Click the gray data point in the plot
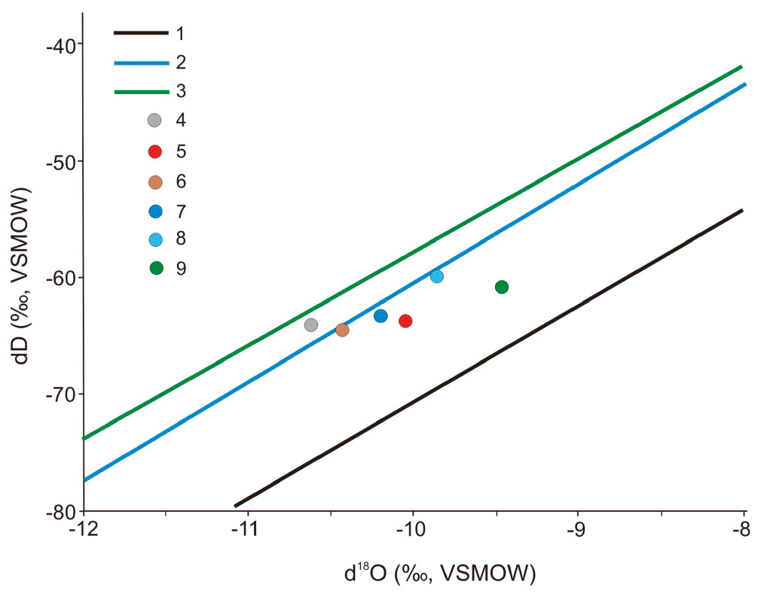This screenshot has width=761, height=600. pyautogui.click(x=311, y=325)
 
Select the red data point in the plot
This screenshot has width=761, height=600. pyautogui.click(x=405, y=321)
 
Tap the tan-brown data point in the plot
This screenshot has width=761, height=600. pyautogui.click(x=342, y=330)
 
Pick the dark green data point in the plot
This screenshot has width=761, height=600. pyautogui.click(x=502, y=287)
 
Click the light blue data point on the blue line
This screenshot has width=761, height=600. pyautogui.click(x=437, y=276)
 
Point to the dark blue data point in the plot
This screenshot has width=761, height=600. pyautogui.click(x=380, y=316)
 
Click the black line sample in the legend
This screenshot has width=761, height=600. pyautogui.click(x=140, y=33)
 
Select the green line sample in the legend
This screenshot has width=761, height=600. pyautogui.click(x=140, y=92)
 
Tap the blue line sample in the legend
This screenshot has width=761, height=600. pyautogui.click(x=140, y=62)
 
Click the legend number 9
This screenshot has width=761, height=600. pyautogui.click(x=182, y=268)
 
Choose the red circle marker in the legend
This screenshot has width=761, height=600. pyautogui.click(x=155, y=151)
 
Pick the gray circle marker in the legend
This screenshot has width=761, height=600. pyautogui.click(x=155, y=120)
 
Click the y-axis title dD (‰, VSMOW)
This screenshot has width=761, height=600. pyautogui.click(x=24, y=279)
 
